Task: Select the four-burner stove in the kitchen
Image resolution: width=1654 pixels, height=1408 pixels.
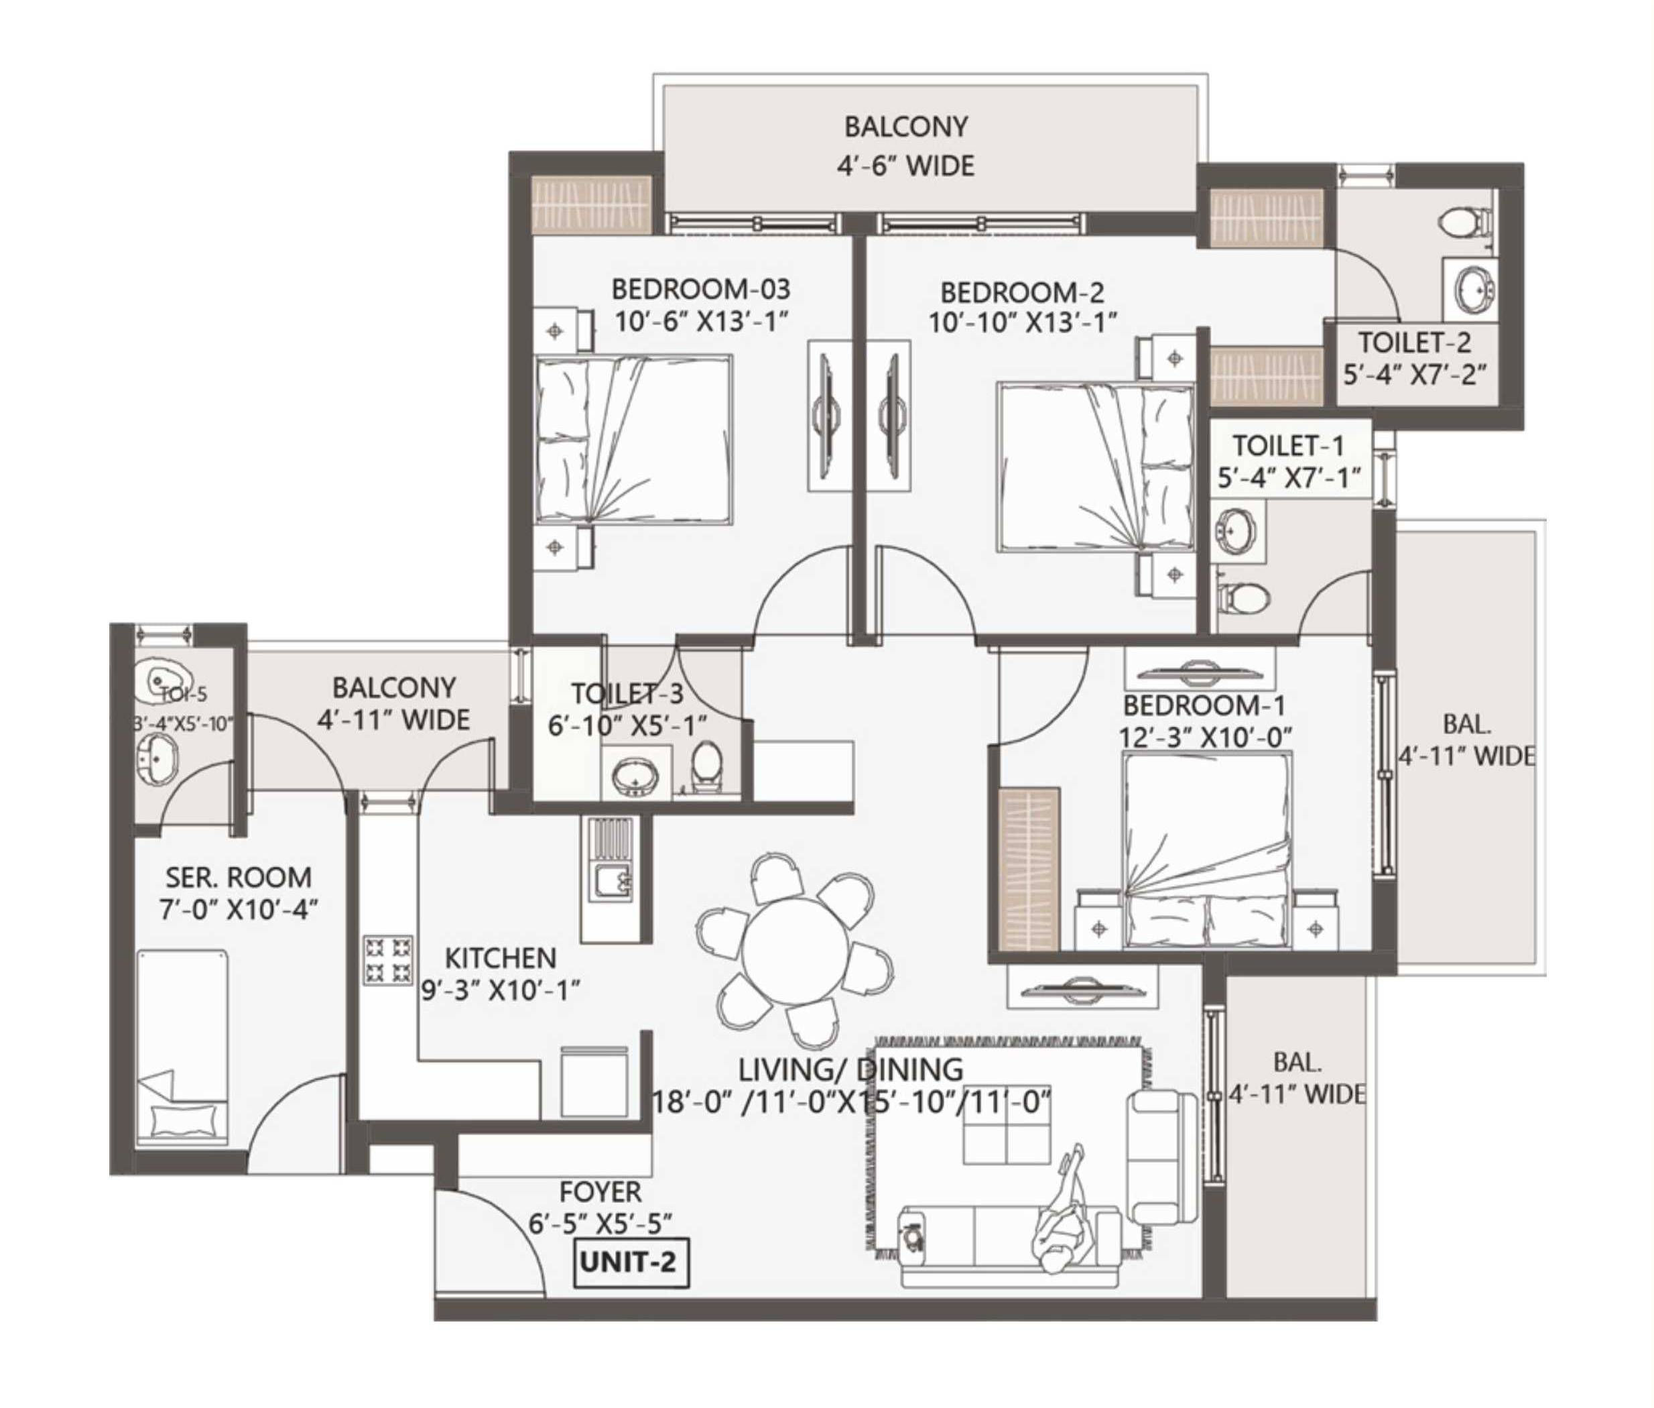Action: click(389, 959)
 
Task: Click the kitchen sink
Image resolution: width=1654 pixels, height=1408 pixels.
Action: click(610, 880)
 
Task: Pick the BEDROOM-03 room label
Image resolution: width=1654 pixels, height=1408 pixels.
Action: click(700, 288)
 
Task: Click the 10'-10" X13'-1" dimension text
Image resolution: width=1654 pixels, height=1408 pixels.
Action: click(1022, 322)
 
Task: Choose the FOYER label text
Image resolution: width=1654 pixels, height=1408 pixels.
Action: click(600, 1191)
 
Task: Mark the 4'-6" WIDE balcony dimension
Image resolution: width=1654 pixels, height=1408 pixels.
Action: click(905, 166)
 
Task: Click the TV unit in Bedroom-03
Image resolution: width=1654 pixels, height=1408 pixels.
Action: click(828, 416)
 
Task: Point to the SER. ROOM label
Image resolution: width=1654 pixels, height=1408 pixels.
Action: click(238, 877)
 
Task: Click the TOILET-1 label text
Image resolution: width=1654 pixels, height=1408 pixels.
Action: click(1288, 445)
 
